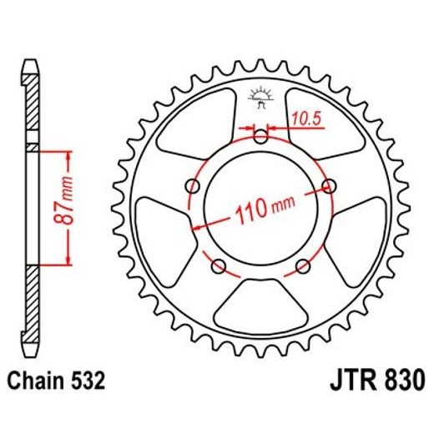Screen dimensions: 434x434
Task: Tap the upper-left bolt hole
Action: [x=194, y=185]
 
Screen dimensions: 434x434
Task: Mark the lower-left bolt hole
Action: [x=220, y=266]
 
